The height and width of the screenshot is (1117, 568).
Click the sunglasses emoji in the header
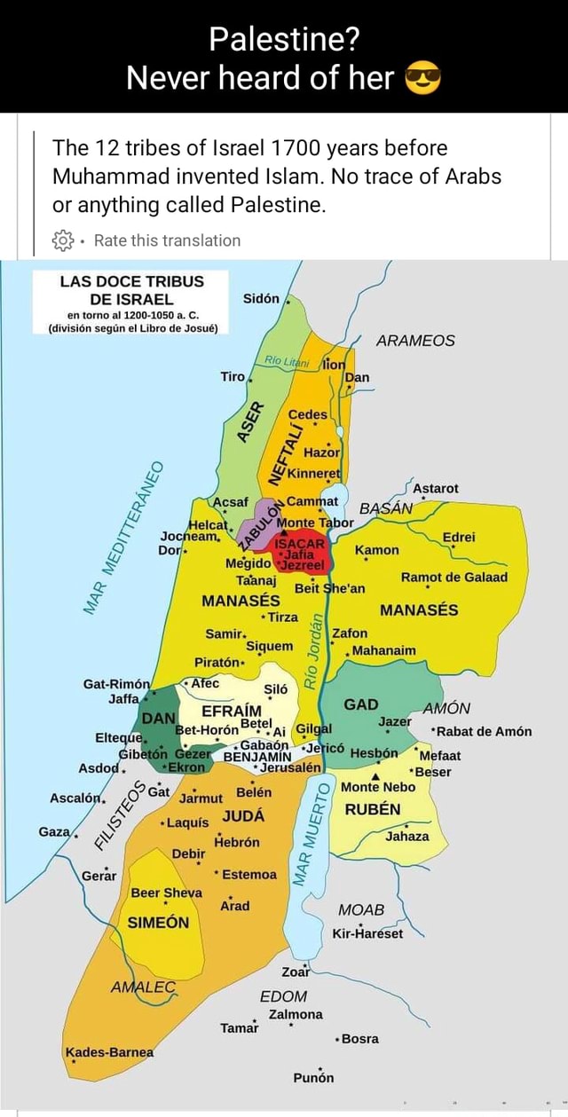pos(422,80)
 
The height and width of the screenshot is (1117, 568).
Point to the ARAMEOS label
pos(415,341)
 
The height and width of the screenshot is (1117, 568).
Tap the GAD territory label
pos(361,704)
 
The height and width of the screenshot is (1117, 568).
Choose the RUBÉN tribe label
pos(373,809)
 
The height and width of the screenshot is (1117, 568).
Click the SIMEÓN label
pos(159,923)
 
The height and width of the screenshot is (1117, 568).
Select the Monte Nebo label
pos(377,787)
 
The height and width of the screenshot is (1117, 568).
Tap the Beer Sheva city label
pos(166,893)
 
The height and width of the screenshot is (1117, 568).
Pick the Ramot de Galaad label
pos(454,577)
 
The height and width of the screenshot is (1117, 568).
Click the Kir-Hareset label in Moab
pos(367,933)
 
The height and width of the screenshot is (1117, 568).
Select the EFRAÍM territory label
pos(232,712)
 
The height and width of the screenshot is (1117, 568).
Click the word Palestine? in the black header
pos(283,40)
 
